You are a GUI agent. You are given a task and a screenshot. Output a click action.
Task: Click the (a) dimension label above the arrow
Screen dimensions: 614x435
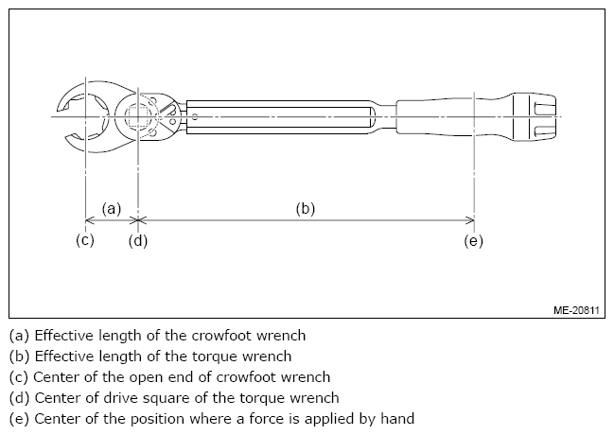point(112,209)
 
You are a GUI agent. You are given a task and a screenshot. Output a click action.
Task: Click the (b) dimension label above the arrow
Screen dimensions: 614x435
point(306,209)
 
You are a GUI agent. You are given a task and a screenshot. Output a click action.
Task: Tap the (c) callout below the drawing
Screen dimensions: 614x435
point(85,240)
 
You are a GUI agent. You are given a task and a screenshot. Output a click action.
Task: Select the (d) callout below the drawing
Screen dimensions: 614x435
point(138,241)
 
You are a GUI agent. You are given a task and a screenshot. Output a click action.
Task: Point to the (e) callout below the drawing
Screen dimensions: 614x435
point(473,241)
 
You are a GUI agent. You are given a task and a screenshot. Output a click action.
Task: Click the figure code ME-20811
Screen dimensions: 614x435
point(576,310)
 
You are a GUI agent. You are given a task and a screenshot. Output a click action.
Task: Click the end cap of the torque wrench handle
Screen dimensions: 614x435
point(535,116)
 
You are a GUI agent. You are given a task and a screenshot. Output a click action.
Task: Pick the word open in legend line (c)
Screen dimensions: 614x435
point(147,377)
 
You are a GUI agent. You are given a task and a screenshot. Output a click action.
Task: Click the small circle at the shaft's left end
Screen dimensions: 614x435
point(195,116)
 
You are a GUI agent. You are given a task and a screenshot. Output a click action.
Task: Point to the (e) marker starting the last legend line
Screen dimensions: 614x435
point(19,419)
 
